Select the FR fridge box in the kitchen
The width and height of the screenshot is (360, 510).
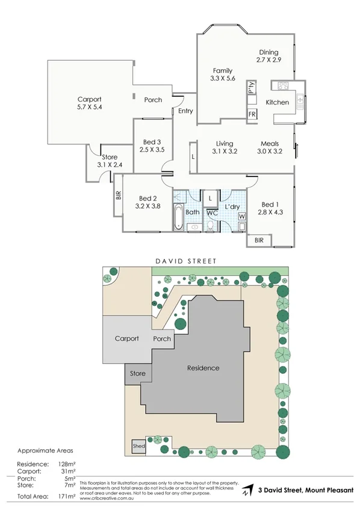[251, 114]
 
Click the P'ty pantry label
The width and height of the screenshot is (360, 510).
[251, 89]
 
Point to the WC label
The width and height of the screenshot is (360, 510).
[211, 213]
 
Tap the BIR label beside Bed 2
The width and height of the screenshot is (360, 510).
[118, 195]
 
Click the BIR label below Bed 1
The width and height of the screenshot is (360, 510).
[259, 240]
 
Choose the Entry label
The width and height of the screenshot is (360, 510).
[185, 110]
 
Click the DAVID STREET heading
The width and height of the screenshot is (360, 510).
[185, 261]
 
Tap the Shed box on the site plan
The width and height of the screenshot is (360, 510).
[138, 446]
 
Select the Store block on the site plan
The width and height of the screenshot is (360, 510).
[138, 374]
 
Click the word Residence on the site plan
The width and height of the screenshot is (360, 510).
[203, 368]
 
